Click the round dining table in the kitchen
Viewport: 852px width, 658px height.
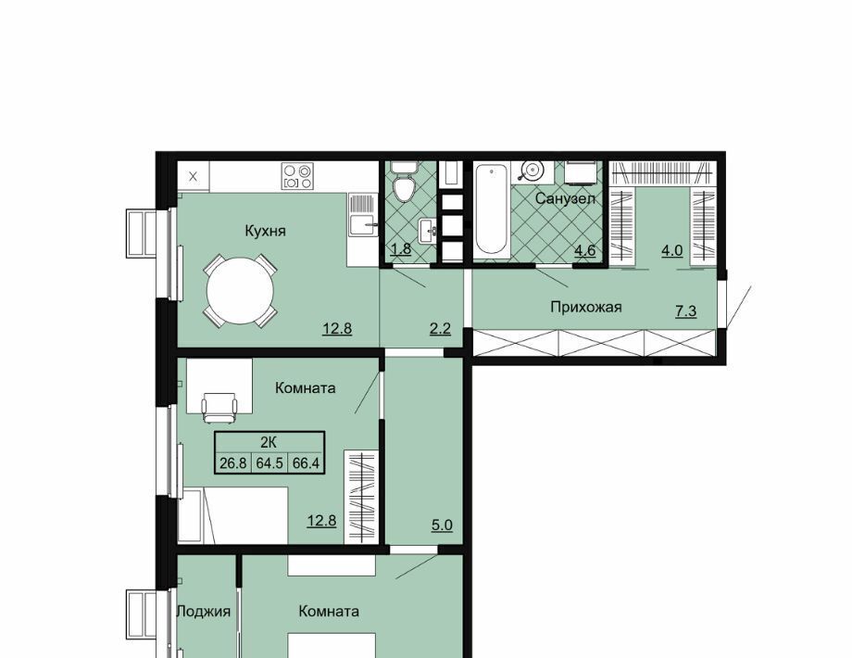pyautogui.click(x=240, y=290)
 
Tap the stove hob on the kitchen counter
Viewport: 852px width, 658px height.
pyautogui.click(x=297, y=176)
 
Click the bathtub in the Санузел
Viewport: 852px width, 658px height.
pyautogui.click(x=492, y=209)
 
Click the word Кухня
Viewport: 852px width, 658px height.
pyautogui.click(x=265, y=231)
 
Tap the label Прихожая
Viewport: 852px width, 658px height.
pyautogui.click(x=585, y=308)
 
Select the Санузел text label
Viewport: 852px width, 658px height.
pyautogui.click(x=565, y=198)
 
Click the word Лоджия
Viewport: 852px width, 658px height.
pyautogui.click(x=205, y=612)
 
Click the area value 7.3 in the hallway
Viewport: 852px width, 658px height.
pyautogui.click(x=685, y=311)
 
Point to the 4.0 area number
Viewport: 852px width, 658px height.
pyautogui.click(x=671, y=251)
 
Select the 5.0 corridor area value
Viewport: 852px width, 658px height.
pyautogui.click(x=443, y=525)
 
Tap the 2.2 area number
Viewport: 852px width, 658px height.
pyautogui.click(x=440, y=328)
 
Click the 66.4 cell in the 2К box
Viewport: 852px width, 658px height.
pyautogui.click(x=306, y=464)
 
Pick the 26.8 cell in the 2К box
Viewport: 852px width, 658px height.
pyautogui.click(x=233, y=464)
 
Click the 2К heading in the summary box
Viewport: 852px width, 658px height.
pyautogui.click(x=269, y=442)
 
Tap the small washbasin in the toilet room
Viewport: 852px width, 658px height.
pyautogui.click(x=428, y=232)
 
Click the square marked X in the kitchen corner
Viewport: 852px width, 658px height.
pyautogui.click(x=194, y=176)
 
